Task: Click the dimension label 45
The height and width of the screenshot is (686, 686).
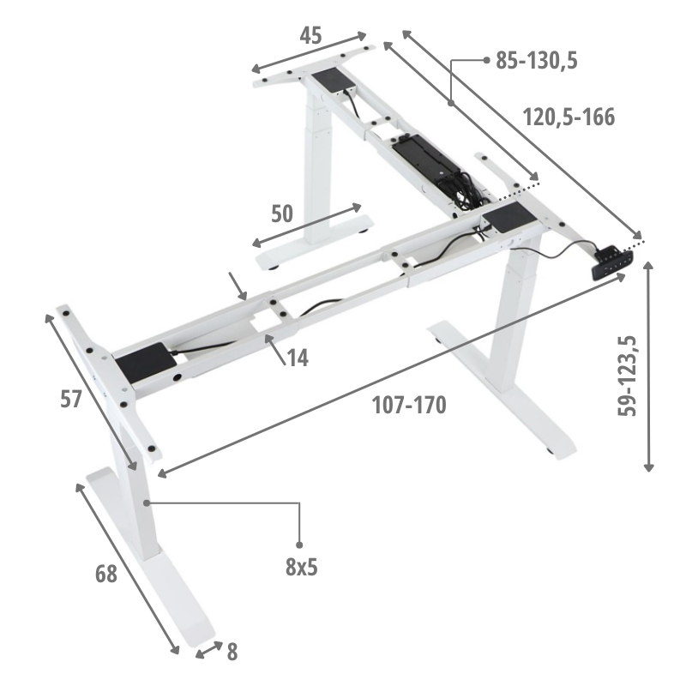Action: point(310,35)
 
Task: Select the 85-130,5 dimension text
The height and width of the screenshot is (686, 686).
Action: point(537,60)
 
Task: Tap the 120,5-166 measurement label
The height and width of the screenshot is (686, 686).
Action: point(569,117)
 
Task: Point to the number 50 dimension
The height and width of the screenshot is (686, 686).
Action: point(282,214)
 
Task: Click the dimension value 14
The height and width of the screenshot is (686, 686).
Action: point(298,358)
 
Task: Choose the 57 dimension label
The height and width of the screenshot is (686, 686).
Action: point(71,400)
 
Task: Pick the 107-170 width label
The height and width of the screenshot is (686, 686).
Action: point(409,405)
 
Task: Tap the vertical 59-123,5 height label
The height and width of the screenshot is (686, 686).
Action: point(627,376)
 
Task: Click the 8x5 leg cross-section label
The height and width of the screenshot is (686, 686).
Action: point(302,568)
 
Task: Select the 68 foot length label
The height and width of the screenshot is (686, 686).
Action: point(105,574)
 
